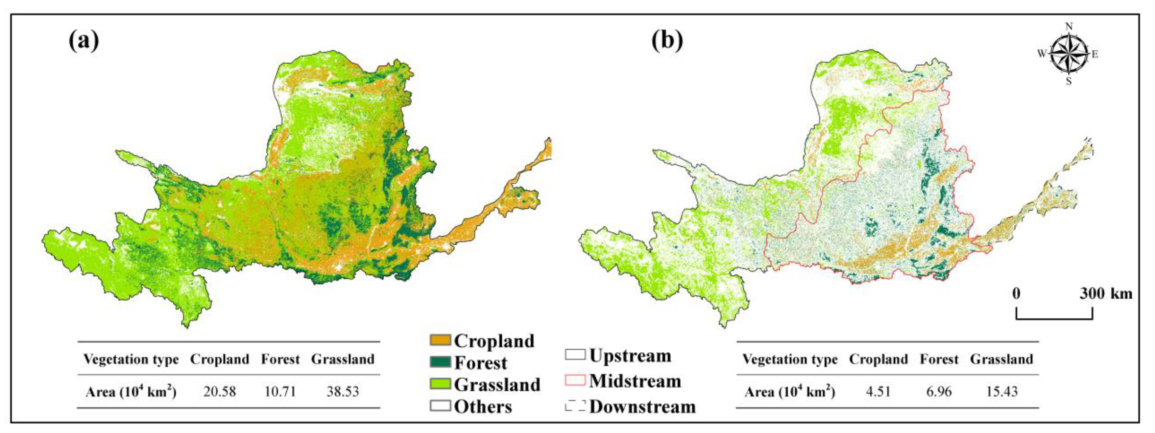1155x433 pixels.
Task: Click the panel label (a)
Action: point(84,41)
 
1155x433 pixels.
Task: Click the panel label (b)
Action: point(667,41)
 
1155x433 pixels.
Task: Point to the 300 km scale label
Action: point(1105,294)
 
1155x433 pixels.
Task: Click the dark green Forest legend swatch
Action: point(440,362)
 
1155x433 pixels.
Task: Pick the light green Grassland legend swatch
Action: point(440,384)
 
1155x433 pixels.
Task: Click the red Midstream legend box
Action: point(575,380)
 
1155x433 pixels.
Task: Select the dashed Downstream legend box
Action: point(575,406)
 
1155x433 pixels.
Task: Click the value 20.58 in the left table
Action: point(220,392)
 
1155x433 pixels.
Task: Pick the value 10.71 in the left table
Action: point(280,392)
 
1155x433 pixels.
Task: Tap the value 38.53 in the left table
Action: point(343,392)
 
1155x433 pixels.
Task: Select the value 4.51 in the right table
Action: point(878,392)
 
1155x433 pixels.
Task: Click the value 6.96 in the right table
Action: point(939,392)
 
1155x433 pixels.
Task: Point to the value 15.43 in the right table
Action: point(1002,392)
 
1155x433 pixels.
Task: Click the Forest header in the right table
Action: point(939,359)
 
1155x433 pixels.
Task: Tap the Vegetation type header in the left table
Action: point(131,359)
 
